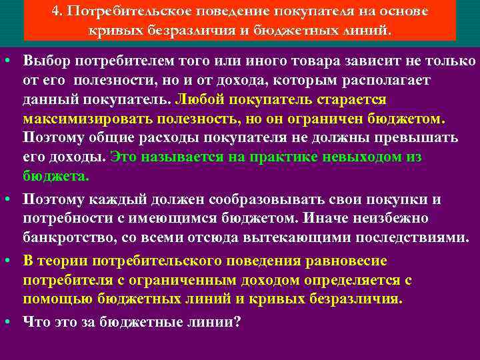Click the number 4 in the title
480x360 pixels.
tap(56, 13)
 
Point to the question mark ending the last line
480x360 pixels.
tap(238, 322)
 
